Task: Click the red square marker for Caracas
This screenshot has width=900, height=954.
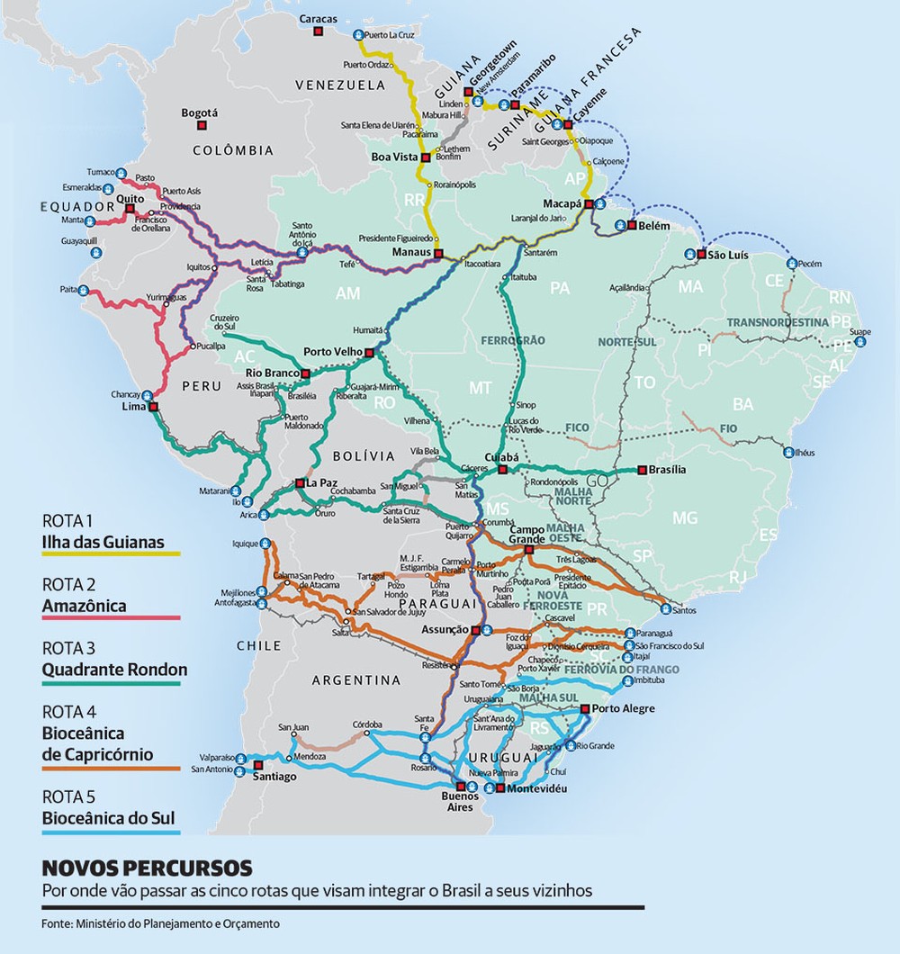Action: click(x=318, y=31)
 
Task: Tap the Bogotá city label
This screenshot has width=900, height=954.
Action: click(x=200, y=113)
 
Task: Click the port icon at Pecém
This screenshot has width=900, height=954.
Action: click(x=791, y=264)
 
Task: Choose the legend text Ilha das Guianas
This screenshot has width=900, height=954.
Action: click(x=103, y=542)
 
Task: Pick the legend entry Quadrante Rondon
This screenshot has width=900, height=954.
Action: click(x=114, y=670)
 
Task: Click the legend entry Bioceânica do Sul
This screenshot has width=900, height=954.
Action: click(x=108, y=819)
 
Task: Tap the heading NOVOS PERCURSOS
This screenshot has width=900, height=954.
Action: click(x=147, y=868)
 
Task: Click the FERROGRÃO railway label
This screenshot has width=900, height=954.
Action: click(x=513, y=341)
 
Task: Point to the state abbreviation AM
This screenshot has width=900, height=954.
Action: click(x=347, y=293)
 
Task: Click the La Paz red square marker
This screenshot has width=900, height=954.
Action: click(x=300, y=483)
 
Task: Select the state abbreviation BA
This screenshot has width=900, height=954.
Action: click(x=742, y=404)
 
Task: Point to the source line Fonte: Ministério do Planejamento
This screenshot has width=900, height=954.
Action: click(x=160, y=923)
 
